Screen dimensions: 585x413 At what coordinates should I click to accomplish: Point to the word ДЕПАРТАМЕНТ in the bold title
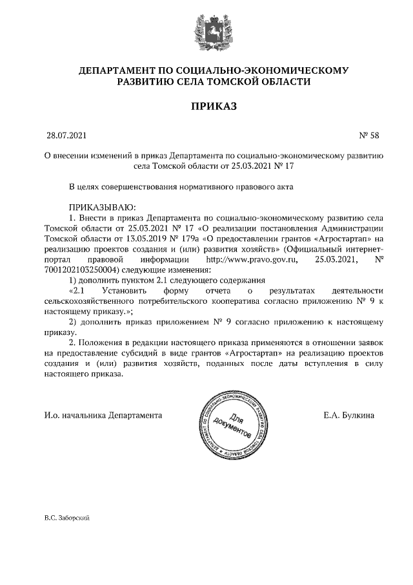coord(114,70)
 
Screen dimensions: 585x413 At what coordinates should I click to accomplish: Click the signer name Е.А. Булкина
coord(348,414)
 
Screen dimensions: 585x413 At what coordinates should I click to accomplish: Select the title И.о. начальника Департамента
coord(103,414)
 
